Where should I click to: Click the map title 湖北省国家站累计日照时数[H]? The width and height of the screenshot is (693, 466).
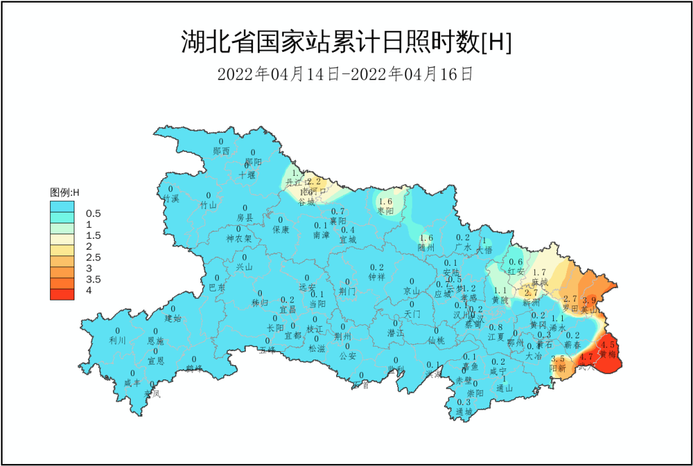(346, 43)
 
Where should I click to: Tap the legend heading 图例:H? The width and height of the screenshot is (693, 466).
(65, 192)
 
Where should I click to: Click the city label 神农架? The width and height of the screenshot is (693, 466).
(239, 239)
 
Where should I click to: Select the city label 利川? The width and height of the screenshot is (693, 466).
(118, 341)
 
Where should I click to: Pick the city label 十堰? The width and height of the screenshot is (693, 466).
(247, 175)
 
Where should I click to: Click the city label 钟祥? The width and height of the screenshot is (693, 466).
(377, 277)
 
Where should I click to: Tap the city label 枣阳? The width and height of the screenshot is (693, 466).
(385, 211)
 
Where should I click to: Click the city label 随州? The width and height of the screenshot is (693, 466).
(426, 247)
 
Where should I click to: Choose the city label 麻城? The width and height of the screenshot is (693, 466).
(540, 282)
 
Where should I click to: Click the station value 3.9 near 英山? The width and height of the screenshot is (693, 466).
(589, 300)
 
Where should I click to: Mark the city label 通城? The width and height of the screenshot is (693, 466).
(464, 411)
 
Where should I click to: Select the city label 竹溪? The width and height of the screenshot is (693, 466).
(171, 199)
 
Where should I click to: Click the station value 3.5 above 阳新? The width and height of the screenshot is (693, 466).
(558, 359)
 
